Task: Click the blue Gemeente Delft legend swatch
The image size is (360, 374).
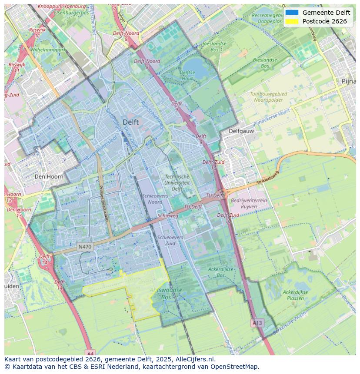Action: [292, 13]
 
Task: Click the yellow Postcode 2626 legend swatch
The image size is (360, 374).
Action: [292, 21]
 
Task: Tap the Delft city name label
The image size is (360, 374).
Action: [130, 122]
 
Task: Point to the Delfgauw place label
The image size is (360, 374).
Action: [241, 131]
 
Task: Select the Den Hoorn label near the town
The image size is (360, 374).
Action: [49, 177]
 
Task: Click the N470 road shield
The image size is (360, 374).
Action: [85, 247]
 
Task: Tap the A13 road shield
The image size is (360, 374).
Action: [257, 323]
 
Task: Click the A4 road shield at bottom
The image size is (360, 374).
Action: [89, 353]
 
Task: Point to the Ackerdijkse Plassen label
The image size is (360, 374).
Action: [296, 295]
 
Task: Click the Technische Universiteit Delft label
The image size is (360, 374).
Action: [177, 183]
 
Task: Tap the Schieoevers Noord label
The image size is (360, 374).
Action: [155, 199]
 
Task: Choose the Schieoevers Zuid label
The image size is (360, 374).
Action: [170, 240]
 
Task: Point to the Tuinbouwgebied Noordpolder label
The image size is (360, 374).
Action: [268, 97]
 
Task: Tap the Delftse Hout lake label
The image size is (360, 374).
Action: [187, 76]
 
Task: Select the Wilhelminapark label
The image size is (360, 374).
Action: [48, 50]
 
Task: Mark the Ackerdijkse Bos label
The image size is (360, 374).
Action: [220, 272]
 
